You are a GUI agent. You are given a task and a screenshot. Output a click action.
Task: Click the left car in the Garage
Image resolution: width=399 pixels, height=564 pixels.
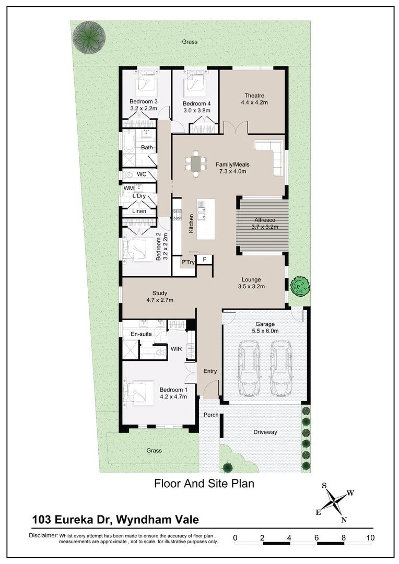point(249,368)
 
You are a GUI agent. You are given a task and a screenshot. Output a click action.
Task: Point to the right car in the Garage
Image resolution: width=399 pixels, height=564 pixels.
point(280,368)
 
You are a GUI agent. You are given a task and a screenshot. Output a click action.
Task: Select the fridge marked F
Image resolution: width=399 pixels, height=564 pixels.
point(204,260)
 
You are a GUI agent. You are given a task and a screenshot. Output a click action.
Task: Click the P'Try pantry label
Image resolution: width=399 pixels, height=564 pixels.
point(187,262)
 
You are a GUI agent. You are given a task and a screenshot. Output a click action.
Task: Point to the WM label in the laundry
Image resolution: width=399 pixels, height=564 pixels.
point(128,188)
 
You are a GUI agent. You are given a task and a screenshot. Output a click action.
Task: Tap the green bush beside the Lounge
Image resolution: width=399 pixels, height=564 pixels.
point(300,285)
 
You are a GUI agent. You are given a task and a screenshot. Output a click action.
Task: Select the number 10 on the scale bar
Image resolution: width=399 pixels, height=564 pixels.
point(370,537)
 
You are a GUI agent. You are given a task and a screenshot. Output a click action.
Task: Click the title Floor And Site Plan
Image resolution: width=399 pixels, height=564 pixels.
point(204,484)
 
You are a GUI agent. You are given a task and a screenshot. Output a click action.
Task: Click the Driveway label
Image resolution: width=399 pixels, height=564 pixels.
point(265,432)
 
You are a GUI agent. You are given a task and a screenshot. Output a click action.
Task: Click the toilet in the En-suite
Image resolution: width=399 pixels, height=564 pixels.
point(160,353)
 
